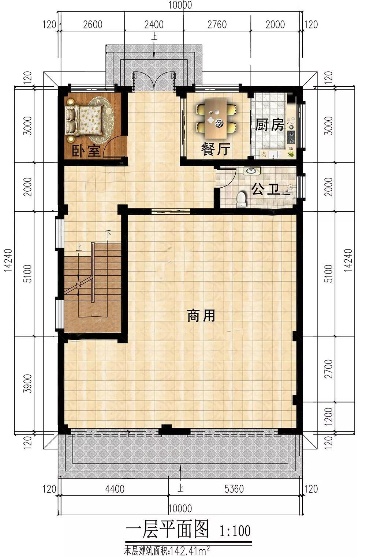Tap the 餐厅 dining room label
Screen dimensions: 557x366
(216, 149)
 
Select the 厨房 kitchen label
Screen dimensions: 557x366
(269, 125)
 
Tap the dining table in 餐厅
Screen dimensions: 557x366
(216, 119)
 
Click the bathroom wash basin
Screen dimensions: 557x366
(251, 170)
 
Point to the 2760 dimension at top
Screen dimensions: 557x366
(217, 25)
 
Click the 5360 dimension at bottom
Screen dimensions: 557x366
(234, 489)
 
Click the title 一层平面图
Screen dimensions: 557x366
(167, 529)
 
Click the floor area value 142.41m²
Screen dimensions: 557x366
(191, 550)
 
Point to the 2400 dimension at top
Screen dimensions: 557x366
(154, 25)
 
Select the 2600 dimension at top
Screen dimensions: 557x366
(93, 25)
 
